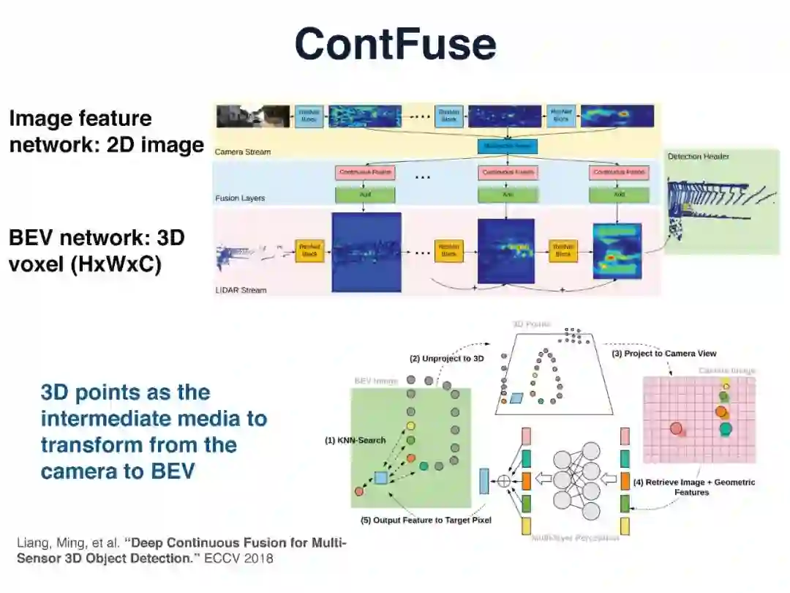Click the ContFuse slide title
395,43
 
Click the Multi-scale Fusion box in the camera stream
507,146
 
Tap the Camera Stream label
243,152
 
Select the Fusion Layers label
240,198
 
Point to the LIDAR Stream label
241,290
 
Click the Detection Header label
699,156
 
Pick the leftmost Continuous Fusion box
365,173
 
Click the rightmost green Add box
620,195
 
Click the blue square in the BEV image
380,478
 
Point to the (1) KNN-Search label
355,441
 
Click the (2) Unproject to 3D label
448,359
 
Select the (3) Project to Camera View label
664,354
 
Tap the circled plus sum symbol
503,481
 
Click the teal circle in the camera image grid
726,428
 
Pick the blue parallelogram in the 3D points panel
517,398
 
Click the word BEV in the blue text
173,470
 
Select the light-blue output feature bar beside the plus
484,481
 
